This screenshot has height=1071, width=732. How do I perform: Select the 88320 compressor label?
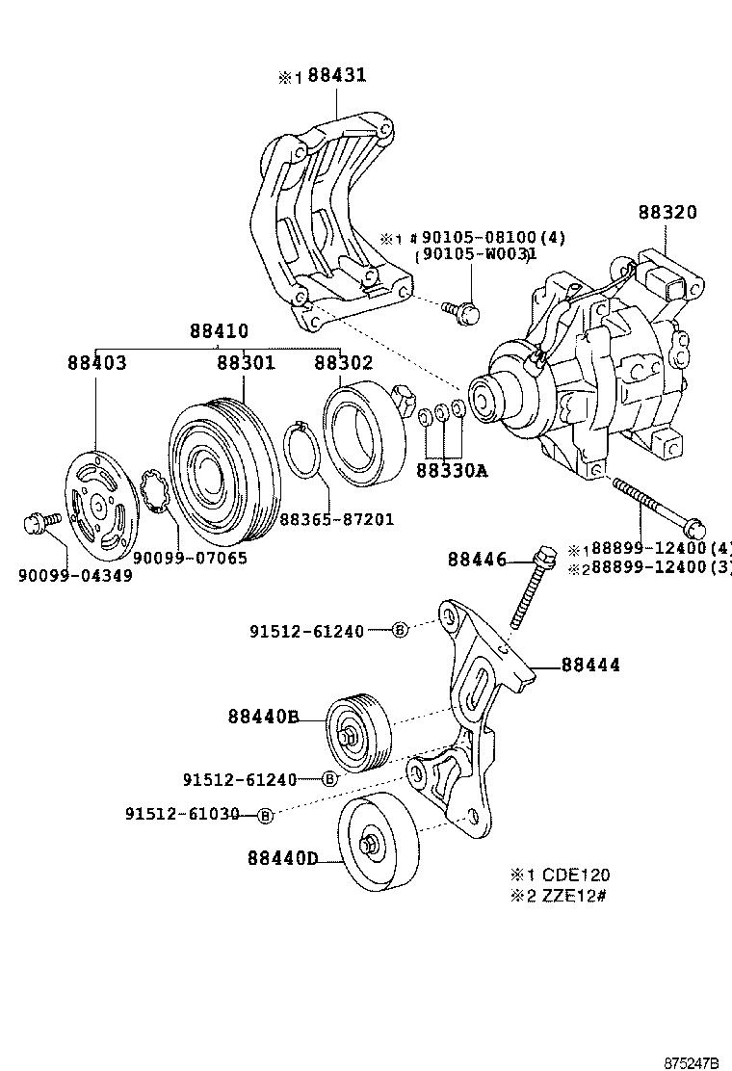pyautogui.click(x=666, y=213)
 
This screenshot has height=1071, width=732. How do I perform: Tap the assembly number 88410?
pyautogui.click(x=219, y=330)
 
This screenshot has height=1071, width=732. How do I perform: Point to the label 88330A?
pyautogui.click(x=452, y=471)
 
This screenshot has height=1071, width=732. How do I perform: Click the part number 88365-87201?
pyautogui.click(x=336, y=519)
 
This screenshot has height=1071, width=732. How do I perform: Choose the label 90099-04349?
pyautogui.click(x=75, y=575)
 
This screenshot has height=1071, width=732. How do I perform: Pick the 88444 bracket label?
pyautogui.click(x=590, y=665)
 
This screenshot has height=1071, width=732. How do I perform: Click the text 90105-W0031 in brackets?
pyautogui.click(x=475, y=255)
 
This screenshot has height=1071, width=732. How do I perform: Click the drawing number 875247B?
pyautogui.click(x=692, y=1062)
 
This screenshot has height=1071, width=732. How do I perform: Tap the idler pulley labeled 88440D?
pyautogui.click(x=377, y=845)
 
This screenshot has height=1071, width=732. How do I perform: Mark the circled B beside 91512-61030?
pyautogui.click(x=266, y=815)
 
